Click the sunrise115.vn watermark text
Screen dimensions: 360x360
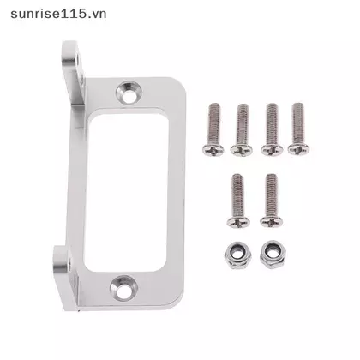tap(58, 14)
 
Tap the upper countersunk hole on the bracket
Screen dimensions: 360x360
tap(129, 92)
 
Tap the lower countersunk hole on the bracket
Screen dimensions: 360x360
tap(123, 287)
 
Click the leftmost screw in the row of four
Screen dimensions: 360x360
tap(213, 129)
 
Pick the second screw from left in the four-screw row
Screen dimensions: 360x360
tap(242, 130)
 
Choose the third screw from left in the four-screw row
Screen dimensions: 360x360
tap(272, 129)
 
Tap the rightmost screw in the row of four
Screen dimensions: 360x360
tap(298, 129)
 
